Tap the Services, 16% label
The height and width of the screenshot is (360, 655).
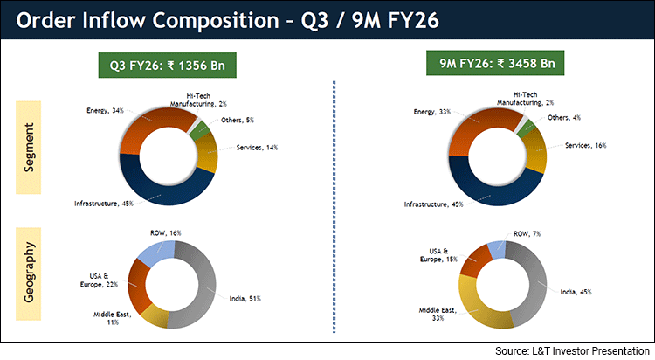tap(583, 145)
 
